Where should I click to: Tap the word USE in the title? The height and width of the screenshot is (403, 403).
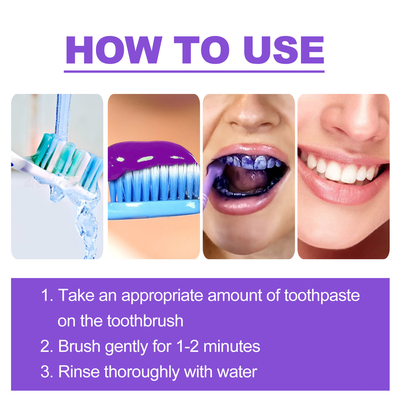tap(284, 50)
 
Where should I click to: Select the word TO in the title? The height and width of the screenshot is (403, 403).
tap(201, 50)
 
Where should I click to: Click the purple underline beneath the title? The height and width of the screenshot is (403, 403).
tap(194, 71)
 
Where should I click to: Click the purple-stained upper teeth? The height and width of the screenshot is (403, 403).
tap(252, 162)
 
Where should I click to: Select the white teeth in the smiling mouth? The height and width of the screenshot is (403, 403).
tap(342, 171)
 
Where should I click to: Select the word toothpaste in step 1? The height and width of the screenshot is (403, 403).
tap(322, 295)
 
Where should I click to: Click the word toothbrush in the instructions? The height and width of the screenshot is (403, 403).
tap(145, 321)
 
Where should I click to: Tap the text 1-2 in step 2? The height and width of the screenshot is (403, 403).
tap(188, 347)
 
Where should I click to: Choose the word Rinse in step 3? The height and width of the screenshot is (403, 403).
tap(79, 372)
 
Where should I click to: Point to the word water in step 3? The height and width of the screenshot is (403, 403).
tap(237, 372)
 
